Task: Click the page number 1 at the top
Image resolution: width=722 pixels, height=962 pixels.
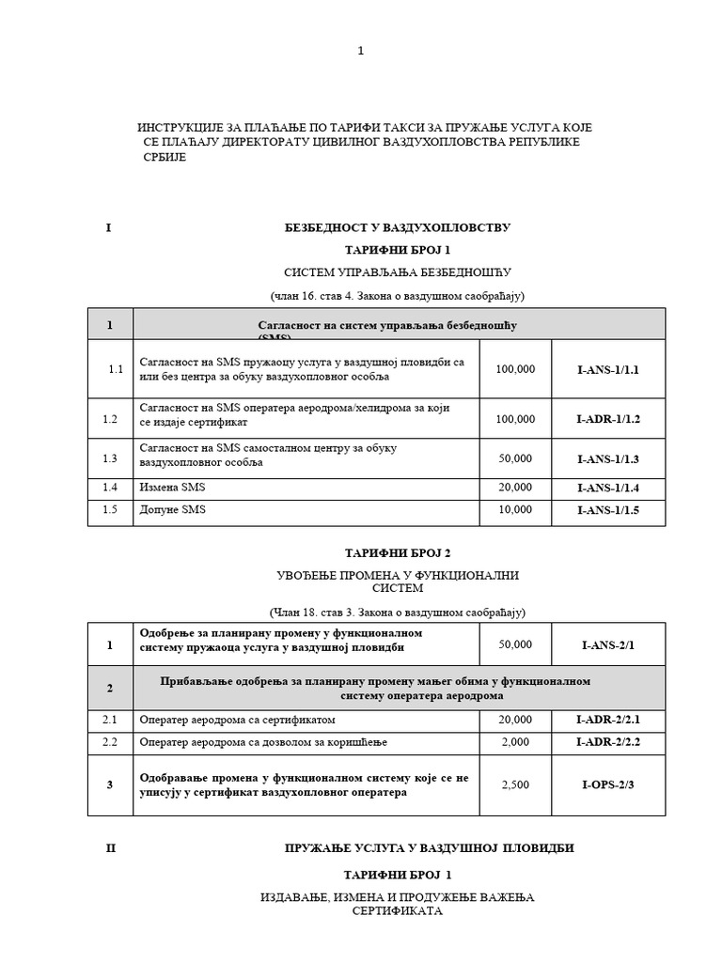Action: pyautogui.click(x=360, y=51)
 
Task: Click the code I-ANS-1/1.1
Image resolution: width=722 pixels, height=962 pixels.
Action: pyautogui.click(x=607, y=369)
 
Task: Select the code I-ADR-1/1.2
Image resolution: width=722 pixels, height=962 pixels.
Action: pyautogui.click(x=607, y=419)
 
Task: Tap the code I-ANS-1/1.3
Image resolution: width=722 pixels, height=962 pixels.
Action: pyautogui.click(x=607, y=458)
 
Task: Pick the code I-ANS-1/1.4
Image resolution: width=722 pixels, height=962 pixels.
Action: pyautogui.click(x=607, y=488)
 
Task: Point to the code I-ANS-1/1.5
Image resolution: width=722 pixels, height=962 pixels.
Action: pyautogui.click(x=607, y=510)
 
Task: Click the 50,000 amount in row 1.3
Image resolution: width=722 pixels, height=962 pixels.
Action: pyautogui.click(x=514, y=458)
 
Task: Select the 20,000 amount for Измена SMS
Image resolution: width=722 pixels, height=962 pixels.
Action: pyautogui.click(x=514, y=488)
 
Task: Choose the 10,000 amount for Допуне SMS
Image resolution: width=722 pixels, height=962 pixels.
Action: pyautogui.click(x=514, y=510)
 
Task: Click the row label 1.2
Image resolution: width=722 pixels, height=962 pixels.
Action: pyautogui.click(x=111, y=419)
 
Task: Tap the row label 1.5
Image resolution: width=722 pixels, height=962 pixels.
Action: pyautogui.click(x=111, y=510)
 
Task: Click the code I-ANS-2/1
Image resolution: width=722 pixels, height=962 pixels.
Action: pyautogui.click(x=608, y=645)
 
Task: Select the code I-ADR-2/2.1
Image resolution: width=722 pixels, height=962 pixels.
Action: pyautogui.click(x=607, y=720)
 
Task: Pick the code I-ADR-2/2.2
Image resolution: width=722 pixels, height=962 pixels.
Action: pyautogui.click(x=607, y=742)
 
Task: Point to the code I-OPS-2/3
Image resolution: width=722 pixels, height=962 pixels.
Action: pyautogui.click(x=607, y=784)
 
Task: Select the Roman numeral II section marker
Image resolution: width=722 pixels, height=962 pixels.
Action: pyautogui.click(x=111, y=848)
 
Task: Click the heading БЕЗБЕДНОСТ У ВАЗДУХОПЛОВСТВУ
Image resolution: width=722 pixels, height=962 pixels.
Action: pyautogui.click(x=397, y=228)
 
